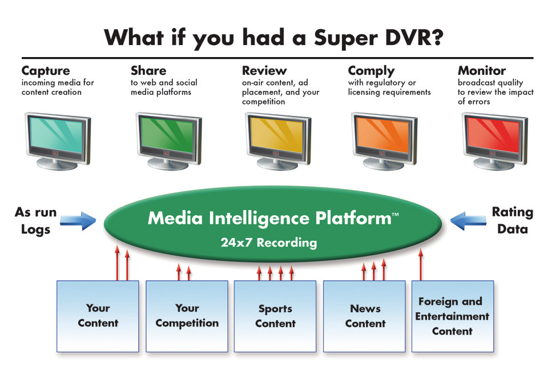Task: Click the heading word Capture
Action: pyautogui.click(x=46, y=71)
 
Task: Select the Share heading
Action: pyautogui.click(x=148, y=71)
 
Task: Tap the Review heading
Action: pyautogui.click(x=264, y=71)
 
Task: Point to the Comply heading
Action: pyautogui.click(x=371, y=71)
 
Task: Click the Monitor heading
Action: pyautogui.click(x=482, y=71)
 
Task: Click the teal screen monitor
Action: pyautogui.click(x=58, y=141)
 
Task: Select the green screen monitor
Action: pyautogui.click(x=168, y=141)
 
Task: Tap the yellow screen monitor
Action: pyautogui.click(x=278, y=141)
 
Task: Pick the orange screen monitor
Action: pyautogui.click(x=384, y=141)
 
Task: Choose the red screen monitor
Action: pyautogui.click(x=494, y=141)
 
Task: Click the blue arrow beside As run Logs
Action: pyautogui.click(x=78, y=221)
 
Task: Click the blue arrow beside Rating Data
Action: pyautogui.click(x=468, y=221)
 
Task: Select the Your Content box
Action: pyautogui.click(x=98, y=316)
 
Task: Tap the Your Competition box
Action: pyautogui.click(x=187, y=316)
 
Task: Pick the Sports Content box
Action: pyautogui.click(x=275, y=316)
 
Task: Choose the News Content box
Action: pyautogui.click(x=364, y=316)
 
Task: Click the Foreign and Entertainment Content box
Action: pyautogui.click(x=453, y=316)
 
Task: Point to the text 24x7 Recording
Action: pyautogui.click(x=269, y=243)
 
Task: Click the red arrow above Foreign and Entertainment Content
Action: pyautogui.click(x=421, y=264)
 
